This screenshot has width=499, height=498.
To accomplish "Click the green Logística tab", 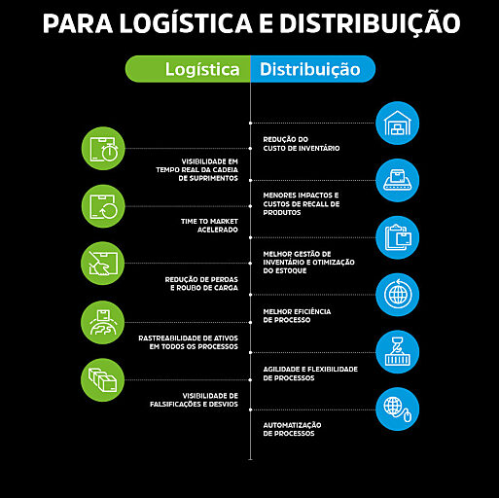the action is coord(188,69).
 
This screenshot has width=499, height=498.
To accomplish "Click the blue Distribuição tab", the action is coord(313,69).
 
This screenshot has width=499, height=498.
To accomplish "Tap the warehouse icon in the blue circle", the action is coord(397,124).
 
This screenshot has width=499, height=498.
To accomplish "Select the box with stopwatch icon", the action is coord(103,149).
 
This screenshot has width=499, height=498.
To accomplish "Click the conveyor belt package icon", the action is coord(397,180).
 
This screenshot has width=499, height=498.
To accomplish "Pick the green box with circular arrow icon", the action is coord(103,206).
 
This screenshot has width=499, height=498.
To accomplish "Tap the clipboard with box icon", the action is coord(397,237).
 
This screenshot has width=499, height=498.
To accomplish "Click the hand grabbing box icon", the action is coord(102,264).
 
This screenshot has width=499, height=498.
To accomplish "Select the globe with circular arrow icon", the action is coord(397,295).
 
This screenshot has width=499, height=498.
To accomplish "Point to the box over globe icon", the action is coord(102,322).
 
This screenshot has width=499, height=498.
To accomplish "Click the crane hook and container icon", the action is coord(397,352).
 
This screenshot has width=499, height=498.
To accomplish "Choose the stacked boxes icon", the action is coord(102,380).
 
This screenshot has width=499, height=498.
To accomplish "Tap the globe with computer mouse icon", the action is coord(397,409).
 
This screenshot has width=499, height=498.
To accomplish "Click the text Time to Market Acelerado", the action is coord(209,226).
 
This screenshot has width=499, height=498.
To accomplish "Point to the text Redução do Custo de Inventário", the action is coord(302,144).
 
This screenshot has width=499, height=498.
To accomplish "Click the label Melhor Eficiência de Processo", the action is coord(297,315).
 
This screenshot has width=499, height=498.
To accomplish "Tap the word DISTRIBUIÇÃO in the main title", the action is coord(370,22).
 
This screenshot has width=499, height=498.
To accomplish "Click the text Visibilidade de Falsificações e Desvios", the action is coord(194,400).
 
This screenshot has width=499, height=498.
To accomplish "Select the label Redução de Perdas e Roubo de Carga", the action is coord(201,283).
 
